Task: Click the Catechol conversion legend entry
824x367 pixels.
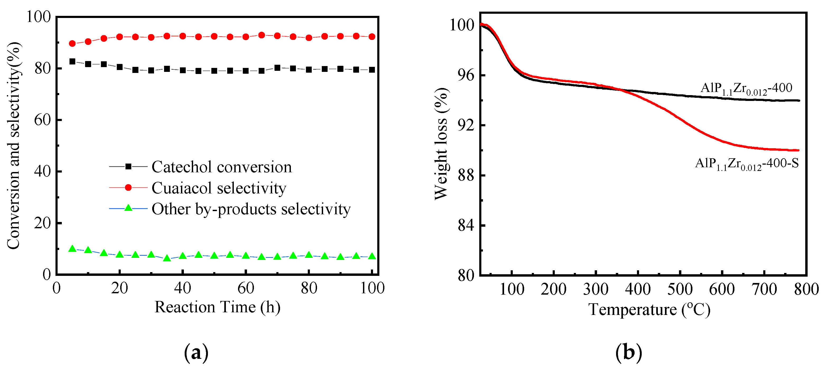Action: (x=221, y=167)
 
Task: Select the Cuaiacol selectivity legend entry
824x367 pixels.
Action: (x=219, y=188)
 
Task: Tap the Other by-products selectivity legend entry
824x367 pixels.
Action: (x=251, y=209)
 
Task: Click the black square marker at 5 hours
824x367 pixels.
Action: (x=72, y=62)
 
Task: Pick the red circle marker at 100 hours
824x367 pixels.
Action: (x=372, y=37)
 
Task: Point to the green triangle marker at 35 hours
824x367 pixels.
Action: (x=167, y=258)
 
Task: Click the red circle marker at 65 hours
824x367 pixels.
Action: (x=261, y=35)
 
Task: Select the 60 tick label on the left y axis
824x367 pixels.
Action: (x=43, y=120)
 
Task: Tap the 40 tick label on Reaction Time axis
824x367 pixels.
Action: (x=182, y=288)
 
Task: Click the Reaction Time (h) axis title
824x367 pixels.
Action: (x=217, y=307)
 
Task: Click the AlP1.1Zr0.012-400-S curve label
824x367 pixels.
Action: (x=747, y=164)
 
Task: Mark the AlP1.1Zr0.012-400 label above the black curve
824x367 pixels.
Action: (x=746, y=88)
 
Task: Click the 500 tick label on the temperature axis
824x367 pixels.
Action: (x=680, y=289)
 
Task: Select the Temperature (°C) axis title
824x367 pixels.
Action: (x=649, y=310)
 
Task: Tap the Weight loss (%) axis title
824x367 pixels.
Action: (x=441, y=144)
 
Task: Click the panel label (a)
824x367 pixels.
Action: (x=196, y=352)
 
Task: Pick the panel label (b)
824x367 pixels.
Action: (x=629, y=352)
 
